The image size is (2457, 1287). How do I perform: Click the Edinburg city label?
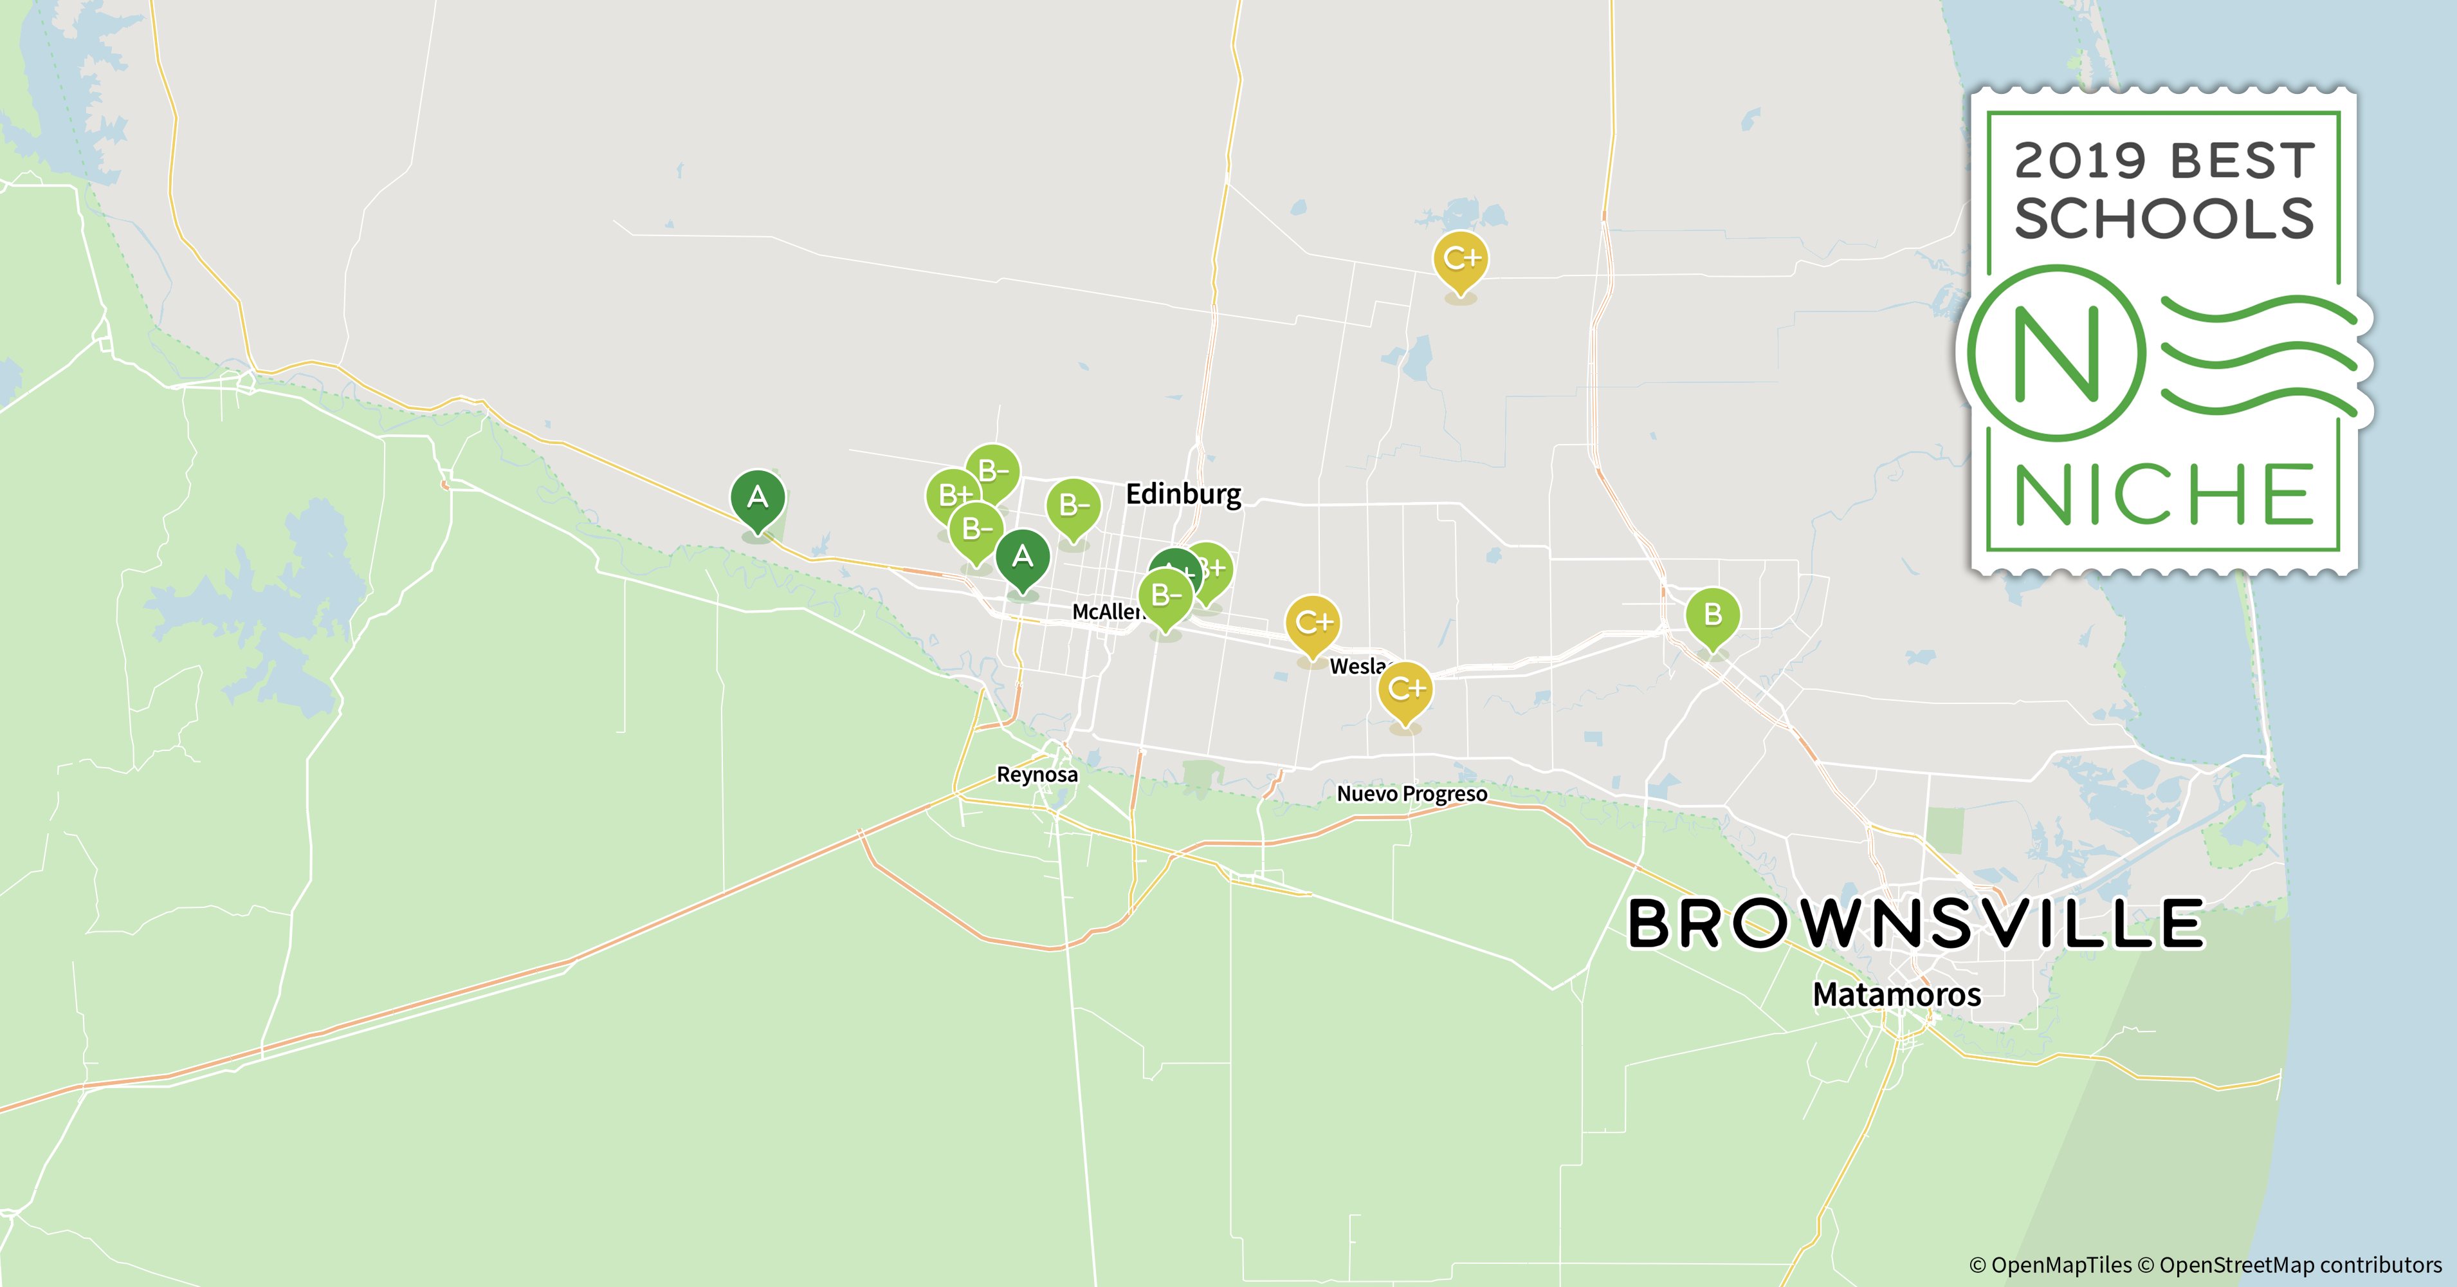pyautogui.click(x=1183, y=494)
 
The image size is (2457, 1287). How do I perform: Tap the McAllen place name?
pyautogui.click(x=1106, y=611)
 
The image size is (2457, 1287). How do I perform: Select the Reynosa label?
pyautogui.click(x=1037, y=775)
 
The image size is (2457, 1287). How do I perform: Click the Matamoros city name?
pyautogui.click(x=1896, y=995)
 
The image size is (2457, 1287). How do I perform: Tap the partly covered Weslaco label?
pyautogui.click(x=1356, y=666)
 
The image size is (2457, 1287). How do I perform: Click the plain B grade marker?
pyautogui.click(x=1712, y=615)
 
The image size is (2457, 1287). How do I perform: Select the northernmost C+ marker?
pyautogui.click(x=1460, y=259)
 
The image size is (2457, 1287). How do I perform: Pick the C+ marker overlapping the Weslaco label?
pyautogui.click(x=1405, y=689)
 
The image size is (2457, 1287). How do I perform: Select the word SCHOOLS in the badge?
pyautogui.click(x=2163, y=219)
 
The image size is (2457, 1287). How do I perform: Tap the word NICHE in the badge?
pyautogui.click(x=2163, y=494)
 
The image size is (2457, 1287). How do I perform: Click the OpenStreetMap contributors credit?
pyautogui.click(x=2299, y=1265)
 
